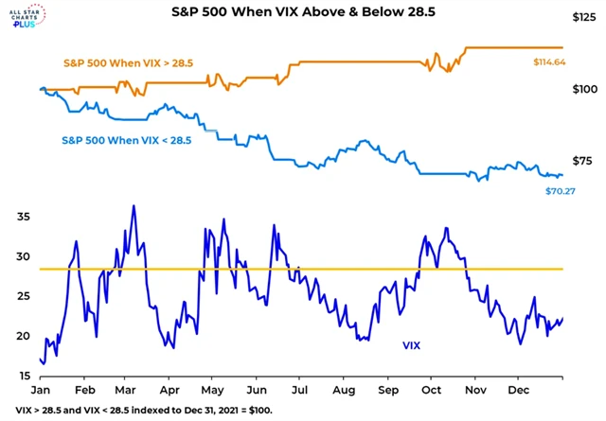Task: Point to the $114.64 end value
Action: pyautogui.click(x=554, y=61)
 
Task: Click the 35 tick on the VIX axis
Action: pyautogui.click(x=23, y=217)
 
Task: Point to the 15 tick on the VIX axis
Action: pyautogui.click(x=23, y=376)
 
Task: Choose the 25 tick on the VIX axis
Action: pyautogui.click(x=23, y=296)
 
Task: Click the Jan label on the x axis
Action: pyautogui.click(x=41, y=390)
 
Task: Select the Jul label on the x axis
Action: pyautogui.click(x=299, y=390)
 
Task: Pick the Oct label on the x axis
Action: pyautogui.click(x=431, y=390)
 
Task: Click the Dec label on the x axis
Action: pyautogui.click(x=518, y=390)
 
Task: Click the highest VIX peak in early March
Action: pyautogui.click(x=134, y=205)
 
